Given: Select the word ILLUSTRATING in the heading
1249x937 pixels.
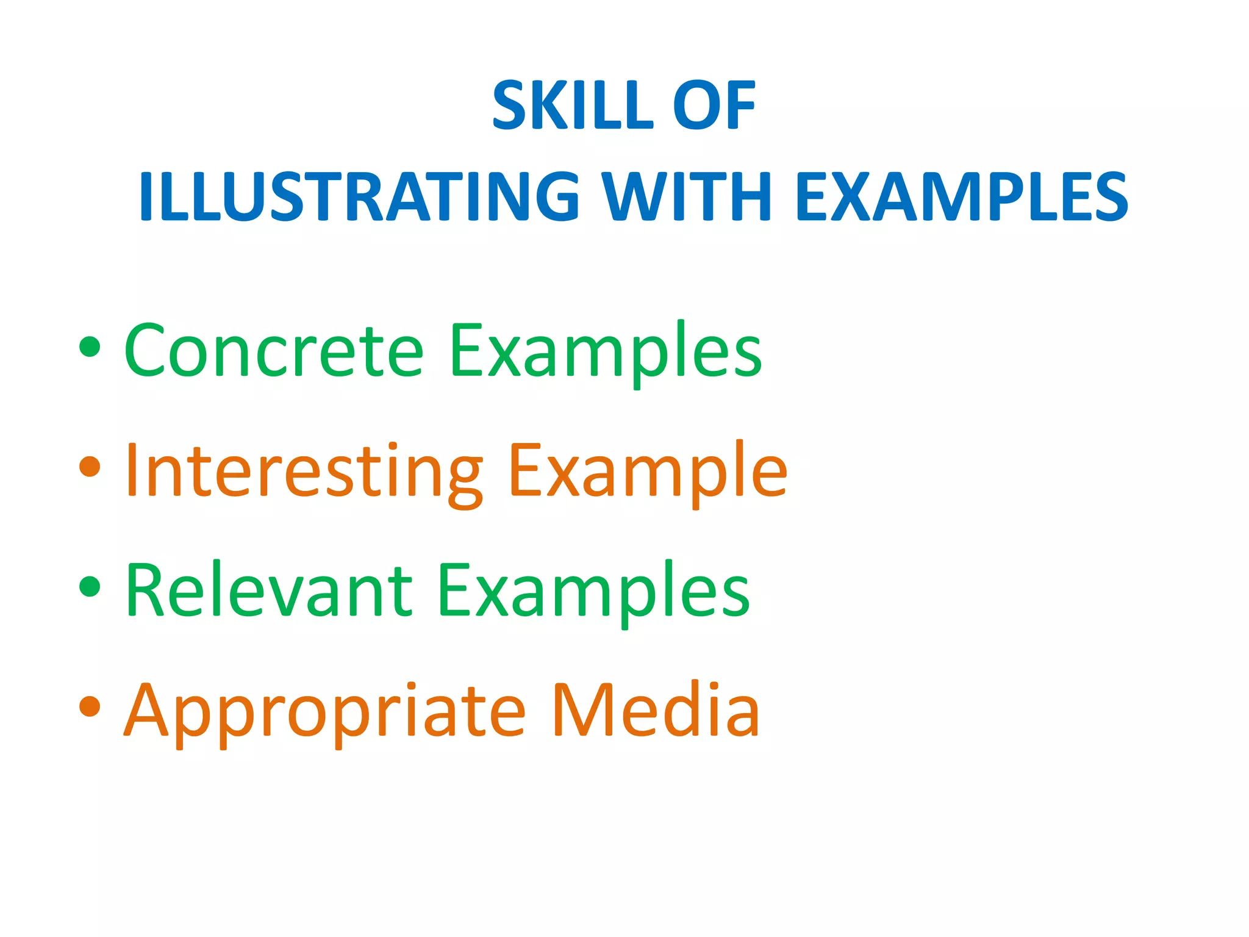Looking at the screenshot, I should [x=359, y=196].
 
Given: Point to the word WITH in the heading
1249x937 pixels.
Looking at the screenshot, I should [x=690, y=196].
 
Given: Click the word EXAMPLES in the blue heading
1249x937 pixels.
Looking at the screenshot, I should [x=962, y=196].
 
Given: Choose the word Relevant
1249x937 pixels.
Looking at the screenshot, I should [x=269, y=590].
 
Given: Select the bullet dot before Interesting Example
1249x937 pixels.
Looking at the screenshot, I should [x=90, y=466].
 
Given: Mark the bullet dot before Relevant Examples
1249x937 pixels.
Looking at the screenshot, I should [x=90, y=586].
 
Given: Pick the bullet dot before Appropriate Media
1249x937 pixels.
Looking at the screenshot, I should [x=90, y=706].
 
